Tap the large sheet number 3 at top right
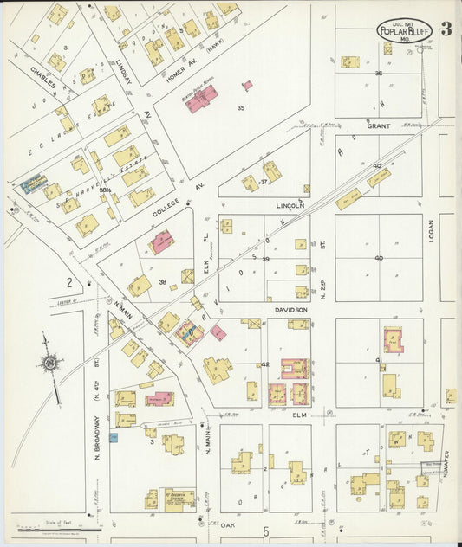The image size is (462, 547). [446, 29]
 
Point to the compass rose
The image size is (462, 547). [50, 363]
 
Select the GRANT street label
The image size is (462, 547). [378, 126]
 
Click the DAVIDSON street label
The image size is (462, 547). [291, 310]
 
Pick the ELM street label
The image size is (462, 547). [298, 415]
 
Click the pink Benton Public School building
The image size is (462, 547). [201, 98]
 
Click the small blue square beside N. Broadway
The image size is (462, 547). [113, 438]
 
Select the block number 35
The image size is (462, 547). [241, 108]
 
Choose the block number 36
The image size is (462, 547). [378, 74]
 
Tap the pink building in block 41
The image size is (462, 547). [393, 339]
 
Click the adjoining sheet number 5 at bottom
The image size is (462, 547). [266, 531]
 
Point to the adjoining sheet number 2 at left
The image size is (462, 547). [68, 282]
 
